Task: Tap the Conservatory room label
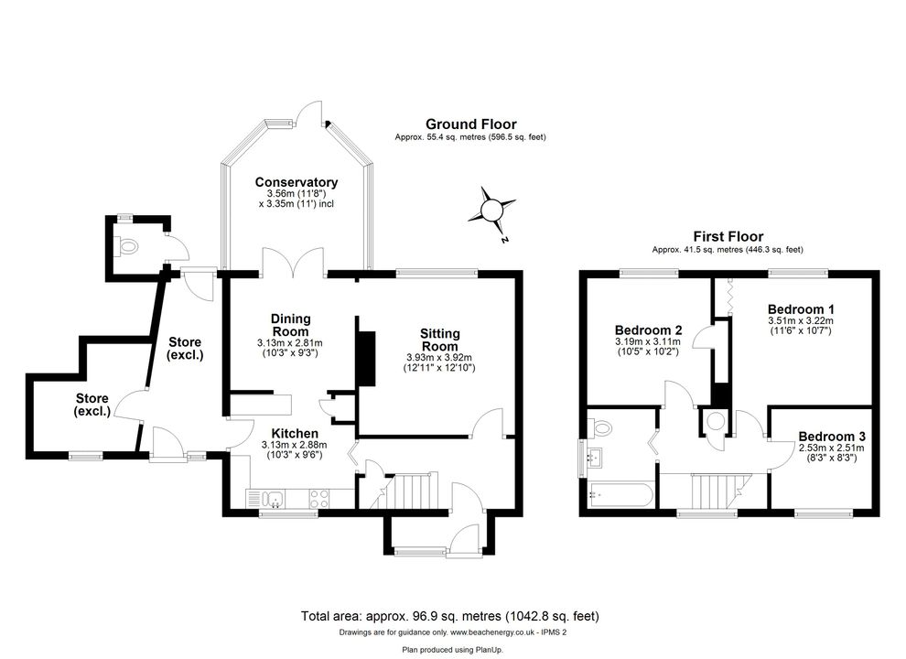297,182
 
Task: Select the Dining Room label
291,326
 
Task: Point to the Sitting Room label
439,340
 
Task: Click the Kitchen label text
295,434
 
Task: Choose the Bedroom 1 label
800,308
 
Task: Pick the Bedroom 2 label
648,330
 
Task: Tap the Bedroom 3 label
832,437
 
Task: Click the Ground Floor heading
471,124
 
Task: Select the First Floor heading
728,236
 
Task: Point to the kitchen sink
272,498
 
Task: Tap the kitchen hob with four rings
319,498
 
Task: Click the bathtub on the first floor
620,496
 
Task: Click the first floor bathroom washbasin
594,457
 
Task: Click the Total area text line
449,616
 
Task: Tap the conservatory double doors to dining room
293,263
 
